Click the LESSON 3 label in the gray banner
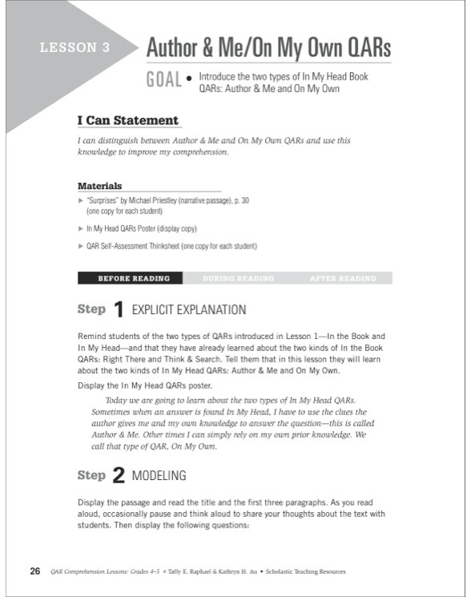[74, 48]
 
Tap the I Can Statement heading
[128, 121]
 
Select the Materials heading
[99, 186]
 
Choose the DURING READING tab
[238, 279]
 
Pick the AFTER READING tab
[343, 279]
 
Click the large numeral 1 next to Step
[119, 310]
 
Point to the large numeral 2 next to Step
[119, 476]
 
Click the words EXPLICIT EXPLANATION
[188, 309]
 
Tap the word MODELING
[159, 476]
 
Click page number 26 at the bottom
[35, 571]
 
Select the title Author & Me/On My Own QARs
[268, 48]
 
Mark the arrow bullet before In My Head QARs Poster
[80, 228]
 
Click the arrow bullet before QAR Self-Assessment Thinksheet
[80, 246]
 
